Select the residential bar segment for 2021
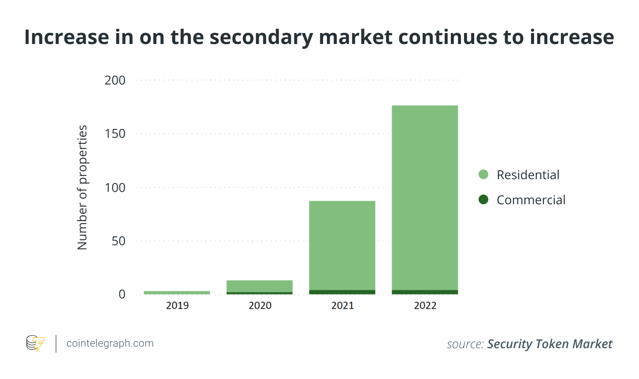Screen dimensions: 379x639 342,245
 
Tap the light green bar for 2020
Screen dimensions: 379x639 260,286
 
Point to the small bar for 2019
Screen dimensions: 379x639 177,292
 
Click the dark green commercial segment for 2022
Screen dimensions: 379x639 425,292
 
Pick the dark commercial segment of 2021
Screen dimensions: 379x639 342,292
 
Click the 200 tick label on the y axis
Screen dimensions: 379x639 115,80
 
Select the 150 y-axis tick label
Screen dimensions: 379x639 115,134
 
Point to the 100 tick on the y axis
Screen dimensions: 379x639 115,188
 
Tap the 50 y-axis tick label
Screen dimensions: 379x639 118,241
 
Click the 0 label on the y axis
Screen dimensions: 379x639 122,294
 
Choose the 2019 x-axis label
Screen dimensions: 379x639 177,305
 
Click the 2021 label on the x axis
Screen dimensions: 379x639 342,305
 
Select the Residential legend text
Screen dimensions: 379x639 528,175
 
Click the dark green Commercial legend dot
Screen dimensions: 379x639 483,199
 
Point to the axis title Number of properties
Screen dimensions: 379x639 82,188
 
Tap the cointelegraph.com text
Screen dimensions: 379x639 110,343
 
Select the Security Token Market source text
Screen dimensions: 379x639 550,344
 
